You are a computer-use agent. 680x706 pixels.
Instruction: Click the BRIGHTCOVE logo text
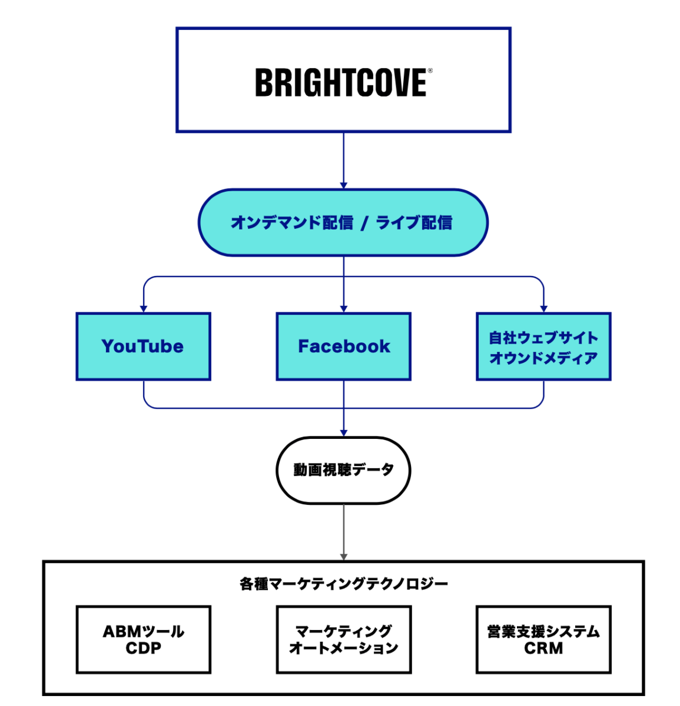pos(340,82)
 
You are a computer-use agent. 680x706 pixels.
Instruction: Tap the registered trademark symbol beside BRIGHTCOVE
pos(430,71)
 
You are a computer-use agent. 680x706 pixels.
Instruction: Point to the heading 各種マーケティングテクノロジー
pos(344,584)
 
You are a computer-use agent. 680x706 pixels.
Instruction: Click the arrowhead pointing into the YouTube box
pos(143,308)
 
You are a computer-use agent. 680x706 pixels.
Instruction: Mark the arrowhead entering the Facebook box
pos(344,308)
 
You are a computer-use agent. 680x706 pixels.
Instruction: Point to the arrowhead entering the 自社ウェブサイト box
pos(543,308)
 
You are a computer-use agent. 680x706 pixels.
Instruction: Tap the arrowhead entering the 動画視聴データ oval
pos(344,432)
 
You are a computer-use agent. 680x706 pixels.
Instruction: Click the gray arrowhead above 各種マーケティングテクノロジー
pos(344,557)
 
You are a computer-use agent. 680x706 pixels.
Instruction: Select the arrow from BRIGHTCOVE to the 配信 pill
pos(344,159)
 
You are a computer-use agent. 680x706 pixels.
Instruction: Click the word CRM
pos(543,648)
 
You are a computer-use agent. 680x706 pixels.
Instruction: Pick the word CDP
pos(143,648)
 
